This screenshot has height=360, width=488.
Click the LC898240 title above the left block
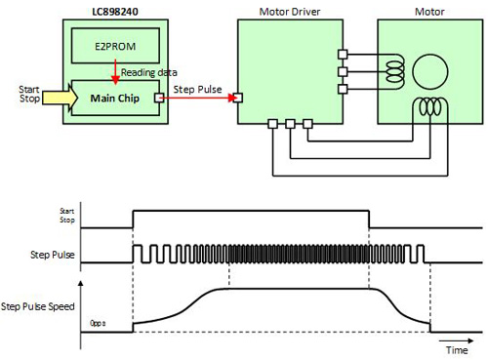click(x=115, y=12)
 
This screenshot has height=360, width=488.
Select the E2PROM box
click(x=115, y=46)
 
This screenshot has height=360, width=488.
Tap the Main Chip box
click(x=115, y=98)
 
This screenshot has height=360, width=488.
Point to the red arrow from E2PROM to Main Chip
click(x=115, y=72)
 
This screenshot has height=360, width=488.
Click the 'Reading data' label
click(x=149, y=72)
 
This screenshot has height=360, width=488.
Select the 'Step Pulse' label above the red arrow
click(x=197, y=90)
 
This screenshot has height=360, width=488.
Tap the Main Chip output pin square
click(x=159, y=98)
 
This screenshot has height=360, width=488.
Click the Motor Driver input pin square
click(x=238, y=98)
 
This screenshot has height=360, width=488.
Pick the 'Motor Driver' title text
click(x=290, y=12)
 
